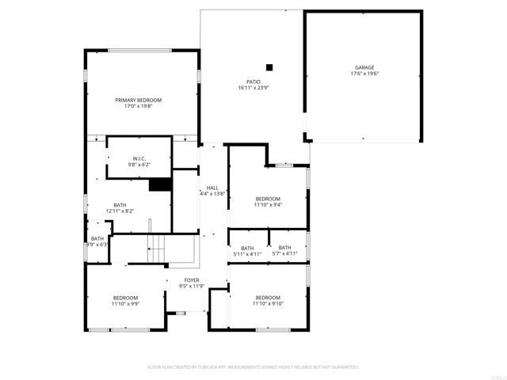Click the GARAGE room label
pyautogui.click(x=364, y=67)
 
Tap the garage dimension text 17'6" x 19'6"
pyautogui.click(x=364, y=74)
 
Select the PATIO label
pyautogui.click(x=253, y=81)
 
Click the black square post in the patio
pyautogui.click(x=269, y=67)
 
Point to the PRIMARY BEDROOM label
pyautogui.click(x=138, y=100)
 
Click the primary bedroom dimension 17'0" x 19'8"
pyautogui.click(x=138, y=106)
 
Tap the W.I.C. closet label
pyautogui.click(x=139, y=158)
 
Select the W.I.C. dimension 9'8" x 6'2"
pyautogui.click(x=139, y=165)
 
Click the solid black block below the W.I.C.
pyautogui.click(x=161, y=184)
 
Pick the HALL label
pyautogui.click(x=212, y=188)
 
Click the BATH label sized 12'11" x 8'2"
pyautogui.click(x=120, y=204)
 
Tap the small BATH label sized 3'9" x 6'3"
pyautogui.click(x=97, y=238)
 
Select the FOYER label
pyautogui.click(x=192, y=279)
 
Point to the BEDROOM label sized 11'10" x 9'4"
pyautogui.click(x=268, y=198)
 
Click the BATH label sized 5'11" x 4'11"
pyautogui.click(x=247, y=247)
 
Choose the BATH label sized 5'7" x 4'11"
pyautogui.click(x=284, y=247)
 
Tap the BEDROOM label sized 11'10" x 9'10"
pyautogui.click(x=268, y=297)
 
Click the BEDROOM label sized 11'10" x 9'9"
pyautogui.click(x=124, y=298)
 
